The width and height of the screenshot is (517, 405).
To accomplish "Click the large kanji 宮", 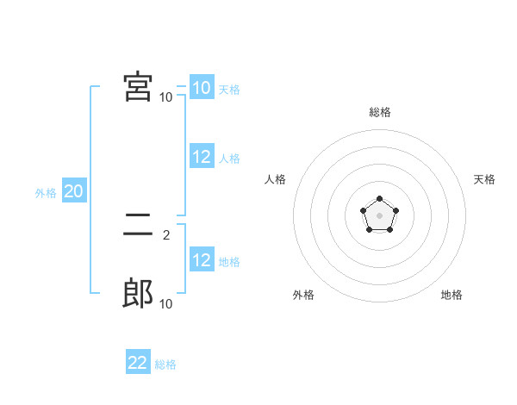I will coord(139,87).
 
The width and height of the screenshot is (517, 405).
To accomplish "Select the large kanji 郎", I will coord(139,294).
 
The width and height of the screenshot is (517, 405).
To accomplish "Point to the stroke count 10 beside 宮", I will coord(166,97).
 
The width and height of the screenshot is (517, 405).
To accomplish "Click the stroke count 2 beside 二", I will coord(166,234).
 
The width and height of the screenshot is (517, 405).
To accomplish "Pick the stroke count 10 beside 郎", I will coord(166,303).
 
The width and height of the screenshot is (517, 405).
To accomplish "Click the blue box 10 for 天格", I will coord(202,88).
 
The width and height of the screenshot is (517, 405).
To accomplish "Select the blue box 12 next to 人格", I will coord(202,157).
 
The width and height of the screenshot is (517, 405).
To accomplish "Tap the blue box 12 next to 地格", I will coord(202,260).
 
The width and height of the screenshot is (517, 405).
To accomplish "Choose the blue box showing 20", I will coord(73,191).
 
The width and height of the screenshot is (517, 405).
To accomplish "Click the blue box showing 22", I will coord(138,363).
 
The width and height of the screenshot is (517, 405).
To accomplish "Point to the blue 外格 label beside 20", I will coord(46,193).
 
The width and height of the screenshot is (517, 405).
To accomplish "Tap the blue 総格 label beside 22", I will coord(165,364).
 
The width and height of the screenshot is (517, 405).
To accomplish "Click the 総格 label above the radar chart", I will coord(380,112).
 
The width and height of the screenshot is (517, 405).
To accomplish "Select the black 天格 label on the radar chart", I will coord(484,179).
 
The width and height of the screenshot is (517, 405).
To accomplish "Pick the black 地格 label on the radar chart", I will coord(452,295).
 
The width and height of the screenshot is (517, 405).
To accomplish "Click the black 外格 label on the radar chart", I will coord(303,295).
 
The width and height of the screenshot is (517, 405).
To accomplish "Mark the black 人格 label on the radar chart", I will coord(276,179).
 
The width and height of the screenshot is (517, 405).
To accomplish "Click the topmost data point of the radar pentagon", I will coord(379,199).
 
